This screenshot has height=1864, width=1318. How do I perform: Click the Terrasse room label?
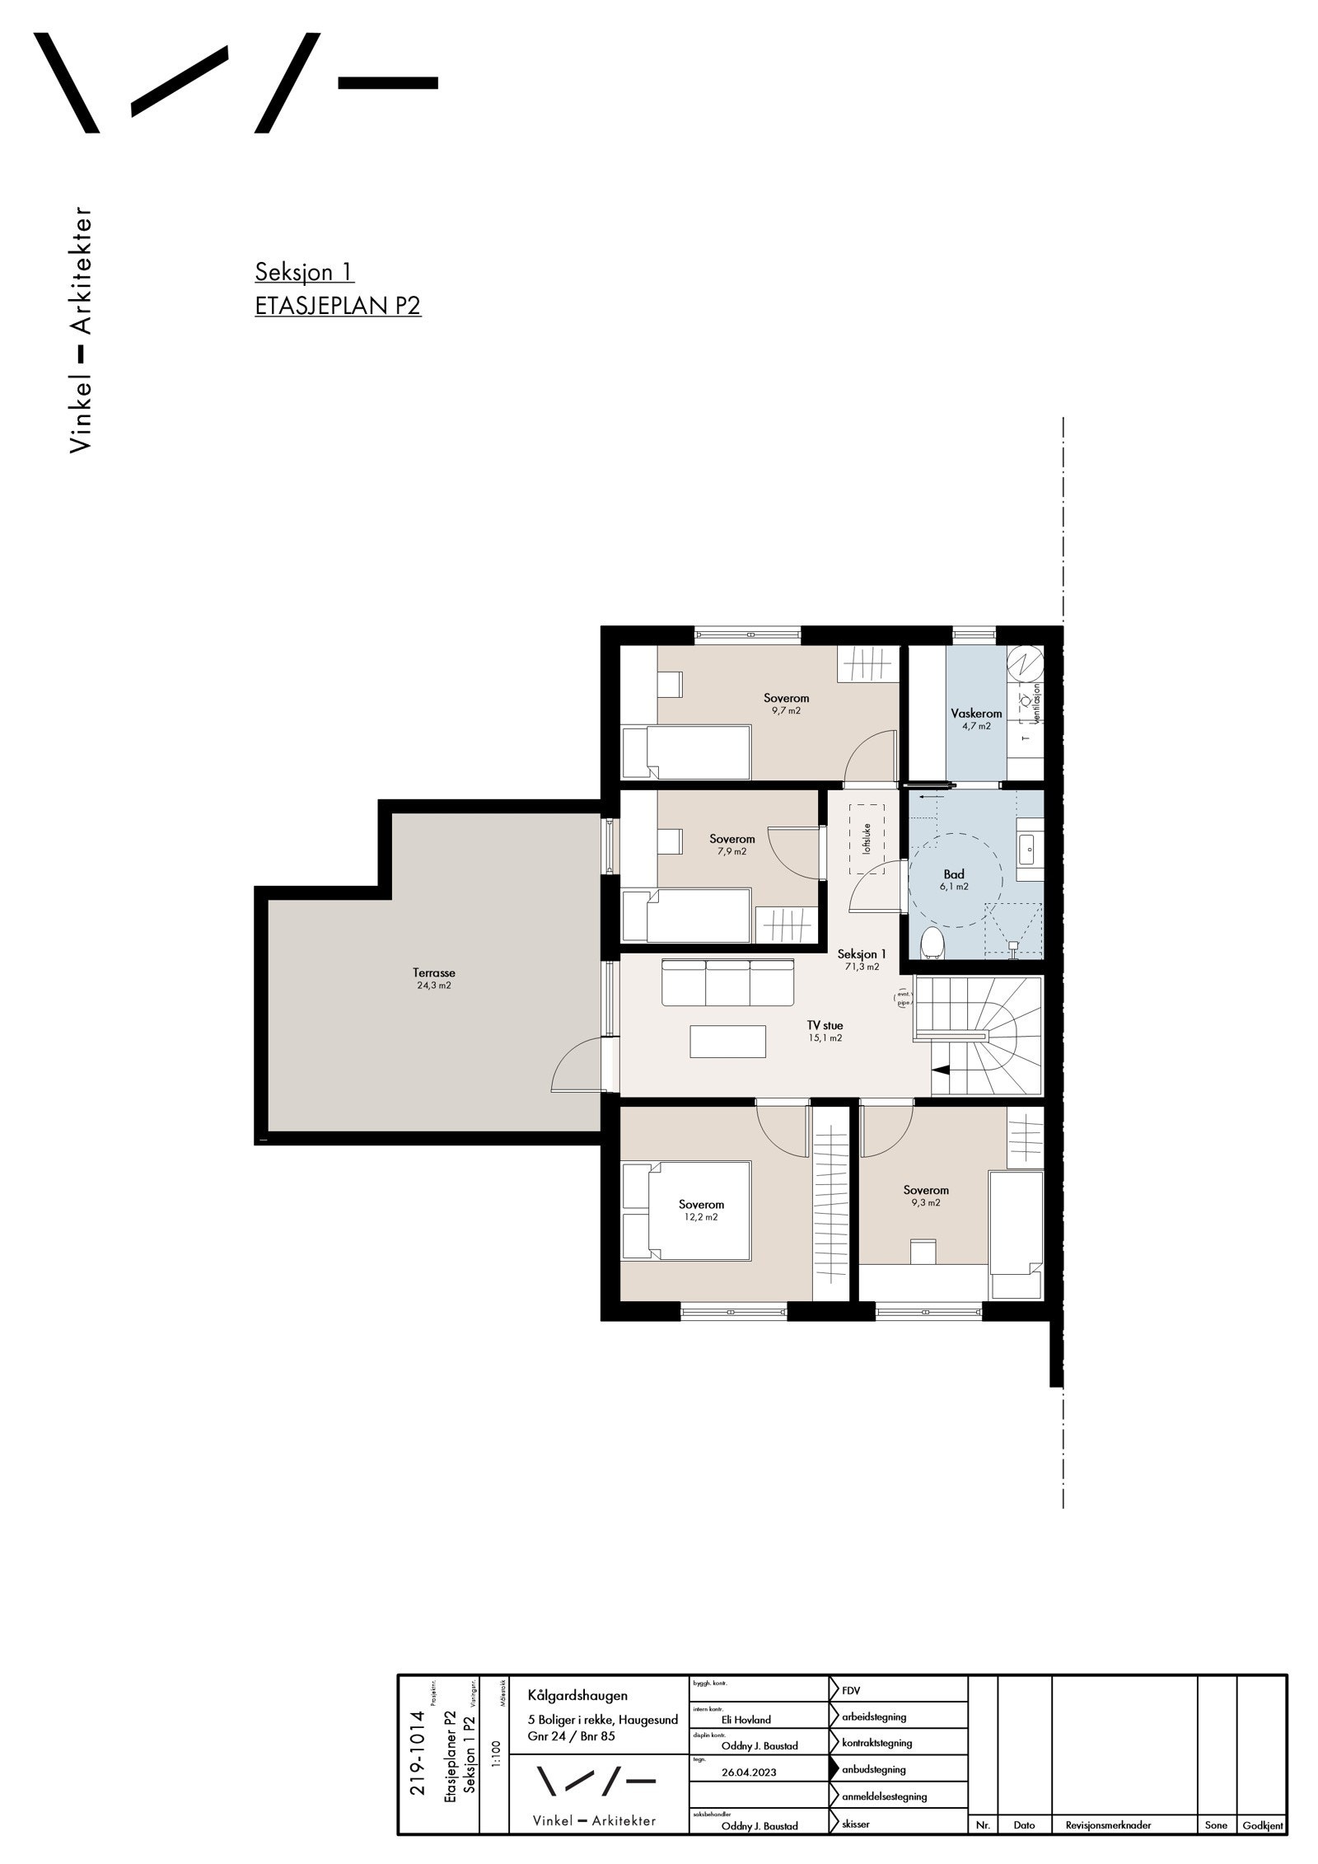coord(434,972)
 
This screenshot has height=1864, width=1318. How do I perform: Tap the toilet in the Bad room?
coord(932,943)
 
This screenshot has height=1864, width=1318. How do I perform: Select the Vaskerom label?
coord(976,714)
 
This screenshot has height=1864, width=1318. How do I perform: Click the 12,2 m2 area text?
coord(701,1217)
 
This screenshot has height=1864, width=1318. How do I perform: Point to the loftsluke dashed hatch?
coord(867,840)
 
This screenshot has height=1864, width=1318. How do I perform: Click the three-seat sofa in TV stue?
coord(727,981)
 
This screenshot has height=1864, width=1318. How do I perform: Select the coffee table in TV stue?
coord(727,1041)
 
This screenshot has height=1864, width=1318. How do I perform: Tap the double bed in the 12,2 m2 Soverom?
coord(687,1211)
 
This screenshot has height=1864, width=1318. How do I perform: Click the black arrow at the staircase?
coord(940,1070)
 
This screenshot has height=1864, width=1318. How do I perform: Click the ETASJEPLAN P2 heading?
coord(338,306)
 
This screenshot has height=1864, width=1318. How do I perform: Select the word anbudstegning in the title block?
coord(873,1768)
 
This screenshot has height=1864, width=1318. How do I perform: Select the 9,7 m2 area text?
coord(786,710)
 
